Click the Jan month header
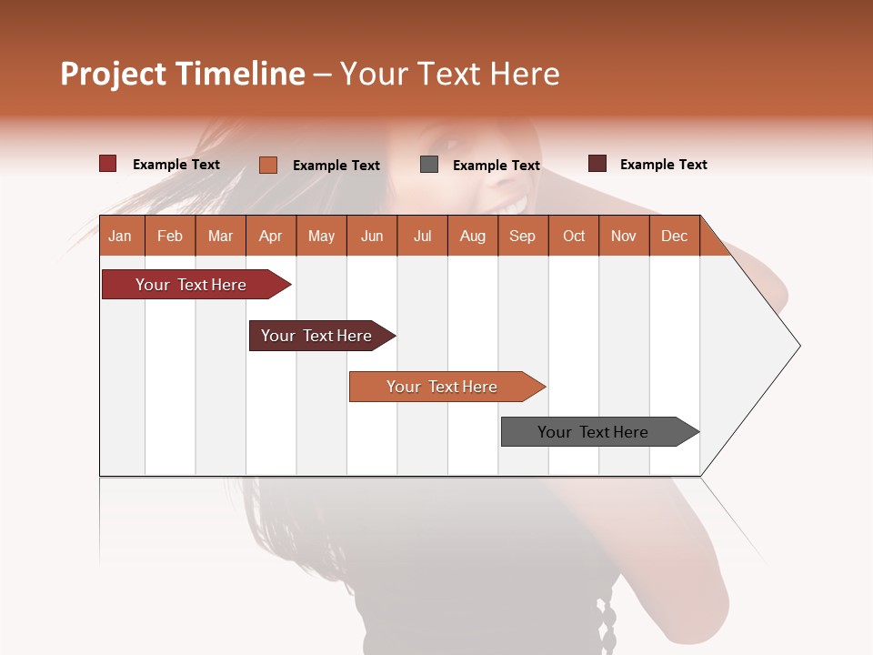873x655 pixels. coord(121,236)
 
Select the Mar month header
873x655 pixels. coord(220,236)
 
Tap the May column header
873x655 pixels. coord(321,236)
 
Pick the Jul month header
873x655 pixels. coord(422,236)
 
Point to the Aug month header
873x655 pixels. coord(472,236)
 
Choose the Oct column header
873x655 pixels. coord(574,236)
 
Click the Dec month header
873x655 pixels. coord(674,236)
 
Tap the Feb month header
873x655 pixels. coord(170,236)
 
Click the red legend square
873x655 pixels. coord(107,164)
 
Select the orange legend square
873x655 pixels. coord(268,165)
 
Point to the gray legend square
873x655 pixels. coord(429,165)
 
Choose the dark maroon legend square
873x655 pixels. coord(597,164)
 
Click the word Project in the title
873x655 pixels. coord(113,74)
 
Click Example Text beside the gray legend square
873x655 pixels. coord(497,166)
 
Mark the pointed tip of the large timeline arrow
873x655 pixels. coord(798,346)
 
